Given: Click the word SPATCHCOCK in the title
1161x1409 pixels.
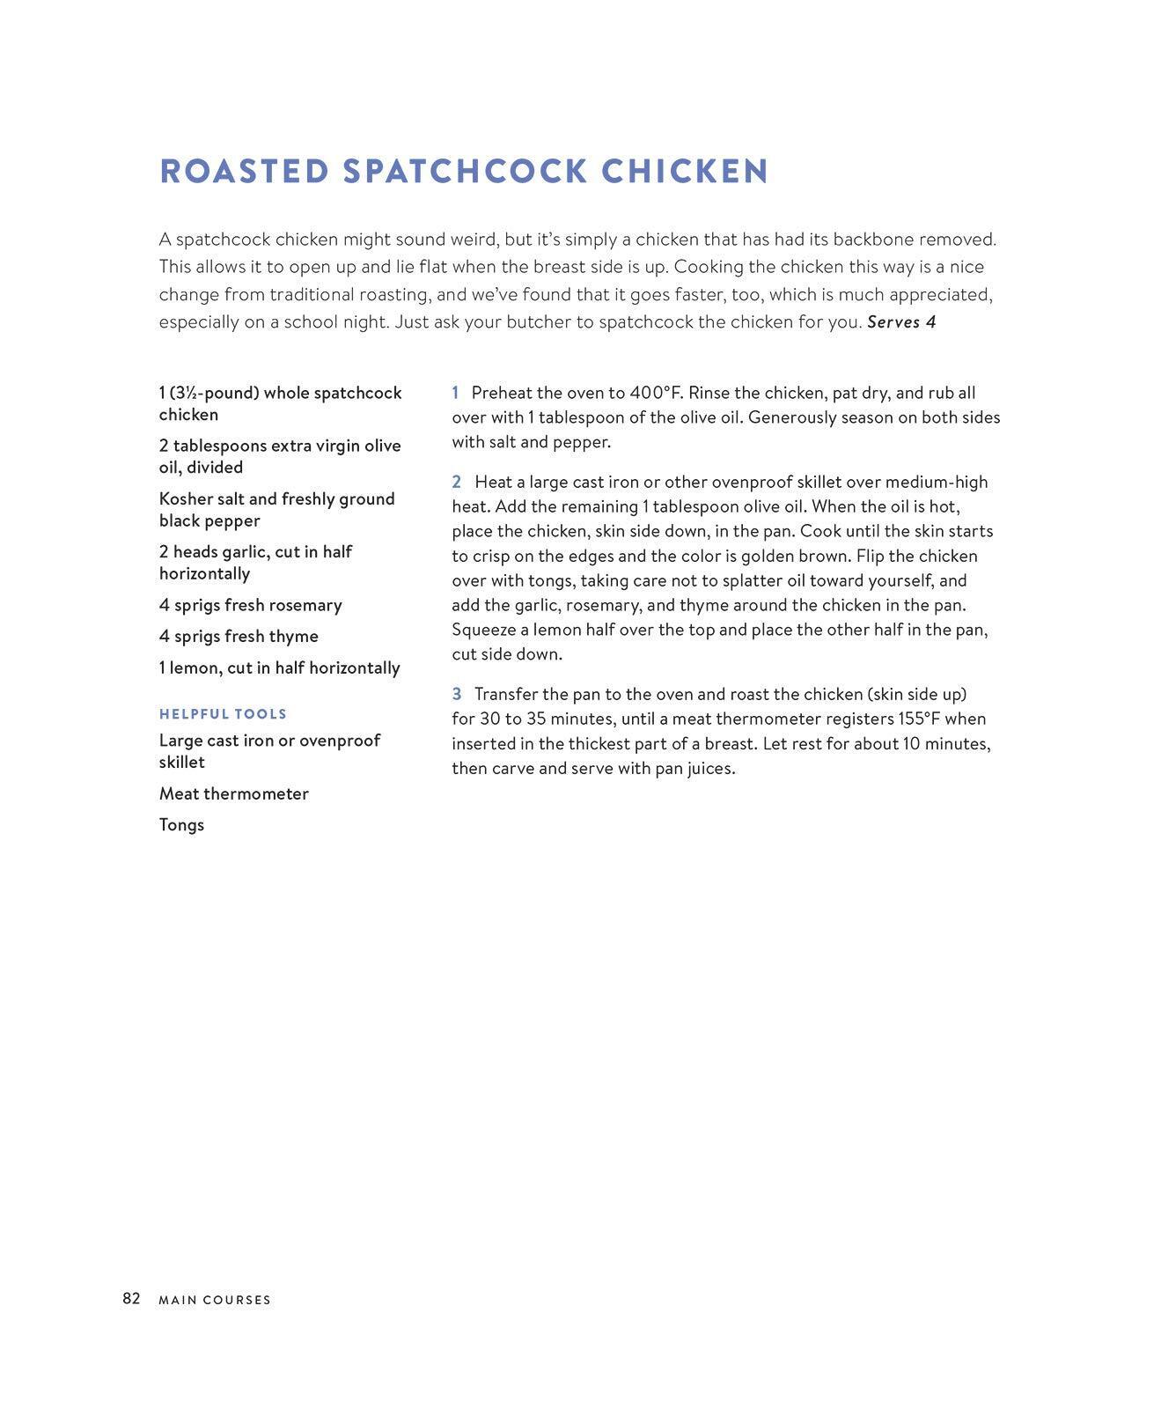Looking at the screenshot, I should pyautogui.click(x=465, y=172).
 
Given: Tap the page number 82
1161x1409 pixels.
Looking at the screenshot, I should pyautogui.click(x=131, y=1298).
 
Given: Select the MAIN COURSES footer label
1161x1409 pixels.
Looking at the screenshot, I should pyautogui.click(x=215, y=1300).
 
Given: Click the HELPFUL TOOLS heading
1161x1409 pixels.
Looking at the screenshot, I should pyautogui.click(x=223, y=714).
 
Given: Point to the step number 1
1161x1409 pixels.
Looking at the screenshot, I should pyautogui.click(x=455, y=393).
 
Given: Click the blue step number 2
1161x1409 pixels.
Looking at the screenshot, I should pyautogui.click(x=456, y=482).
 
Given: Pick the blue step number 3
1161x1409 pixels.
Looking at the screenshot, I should pyautogui.click(x=456, y=694).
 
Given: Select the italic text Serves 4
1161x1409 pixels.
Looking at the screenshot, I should pyautogui.click(x=901, y=322).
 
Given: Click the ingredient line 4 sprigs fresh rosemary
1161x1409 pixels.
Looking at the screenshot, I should pyautogui.click(x=250, y=605).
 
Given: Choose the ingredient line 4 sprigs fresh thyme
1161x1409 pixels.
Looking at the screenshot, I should pyautogui.click(x=239, y=636).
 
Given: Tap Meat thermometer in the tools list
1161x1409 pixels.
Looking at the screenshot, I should pyautogui.click(x=233, y=793).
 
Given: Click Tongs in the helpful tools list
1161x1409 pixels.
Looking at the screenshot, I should pyautogui.click(x=181, y=824).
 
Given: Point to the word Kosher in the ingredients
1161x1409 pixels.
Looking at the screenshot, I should pyautogui.click(x=186, y=498).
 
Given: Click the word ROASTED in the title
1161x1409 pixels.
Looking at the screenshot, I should pyautogui.click(x=244, y=172).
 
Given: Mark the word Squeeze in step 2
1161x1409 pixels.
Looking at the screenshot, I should pyautogui.click(x=483, y=630).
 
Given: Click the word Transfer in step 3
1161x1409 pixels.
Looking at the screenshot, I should pyautogui.click(x=505, y=694).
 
